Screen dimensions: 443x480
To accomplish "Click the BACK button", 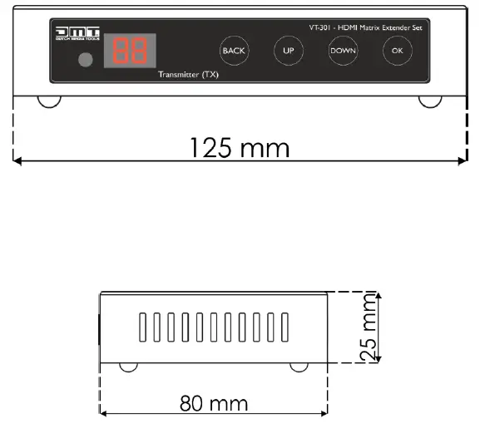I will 235,51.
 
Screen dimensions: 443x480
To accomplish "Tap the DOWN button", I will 342,51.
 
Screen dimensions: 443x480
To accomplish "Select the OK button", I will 396,51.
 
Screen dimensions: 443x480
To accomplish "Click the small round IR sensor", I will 83,61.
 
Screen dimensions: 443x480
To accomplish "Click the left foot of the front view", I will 50,101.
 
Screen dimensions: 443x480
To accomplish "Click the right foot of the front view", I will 429,101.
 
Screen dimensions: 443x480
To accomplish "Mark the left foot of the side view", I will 129,366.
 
